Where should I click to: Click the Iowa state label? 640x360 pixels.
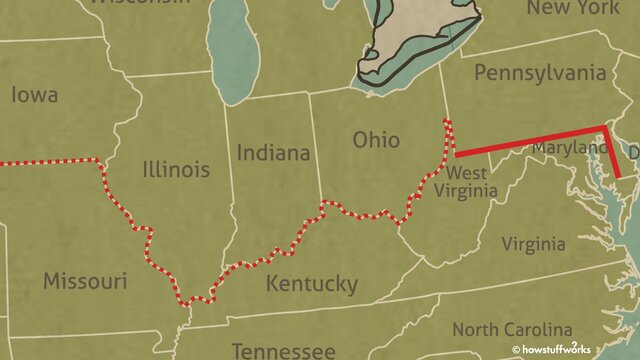tap(34, 96)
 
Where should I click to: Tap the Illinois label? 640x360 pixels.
tap(176, 169)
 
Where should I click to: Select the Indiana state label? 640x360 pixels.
tap(273, 153)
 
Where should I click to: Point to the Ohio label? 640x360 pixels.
tap(376, 140)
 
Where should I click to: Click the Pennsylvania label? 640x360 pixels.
tap(540, 73)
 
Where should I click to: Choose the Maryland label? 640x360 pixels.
tap(570, 148)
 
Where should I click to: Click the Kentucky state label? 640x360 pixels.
tap(311, 284)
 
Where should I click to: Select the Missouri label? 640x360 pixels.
tap(85, 279)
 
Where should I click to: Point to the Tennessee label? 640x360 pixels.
tap(284, 350)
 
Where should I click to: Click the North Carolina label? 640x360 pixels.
tap(512, 329)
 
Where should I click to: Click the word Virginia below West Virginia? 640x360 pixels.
tap(533, 244)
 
